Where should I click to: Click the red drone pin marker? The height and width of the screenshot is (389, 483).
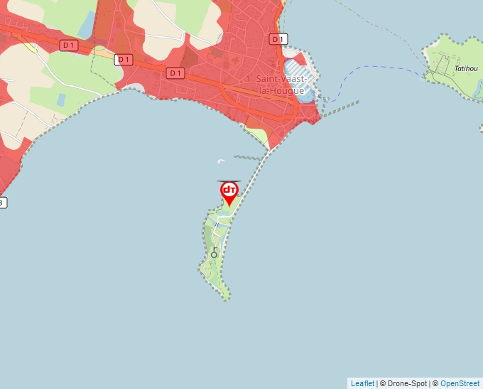[229, 192]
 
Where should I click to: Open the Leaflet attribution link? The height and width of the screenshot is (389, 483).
[362, 383]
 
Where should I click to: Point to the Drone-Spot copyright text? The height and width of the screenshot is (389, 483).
[403, 383]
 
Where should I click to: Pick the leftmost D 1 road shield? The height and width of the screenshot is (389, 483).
[69, 46]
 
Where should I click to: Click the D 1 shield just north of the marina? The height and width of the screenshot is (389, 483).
[279, 39]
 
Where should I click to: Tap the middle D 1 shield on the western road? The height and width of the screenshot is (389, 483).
[124, 60]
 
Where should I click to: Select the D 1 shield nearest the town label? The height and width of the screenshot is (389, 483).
[175, 73]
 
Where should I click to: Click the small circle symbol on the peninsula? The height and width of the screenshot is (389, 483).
[214, 254]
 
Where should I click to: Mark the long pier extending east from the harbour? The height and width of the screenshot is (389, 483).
[341, 107]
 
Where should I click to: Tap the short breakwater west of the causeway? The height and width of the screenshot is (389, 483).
[249, 158]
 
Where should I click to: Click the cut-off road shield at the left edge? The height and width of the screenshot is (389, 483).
[2, 203]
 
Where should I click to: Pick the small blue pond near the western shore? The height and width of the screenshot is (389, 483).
[61, 100]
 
